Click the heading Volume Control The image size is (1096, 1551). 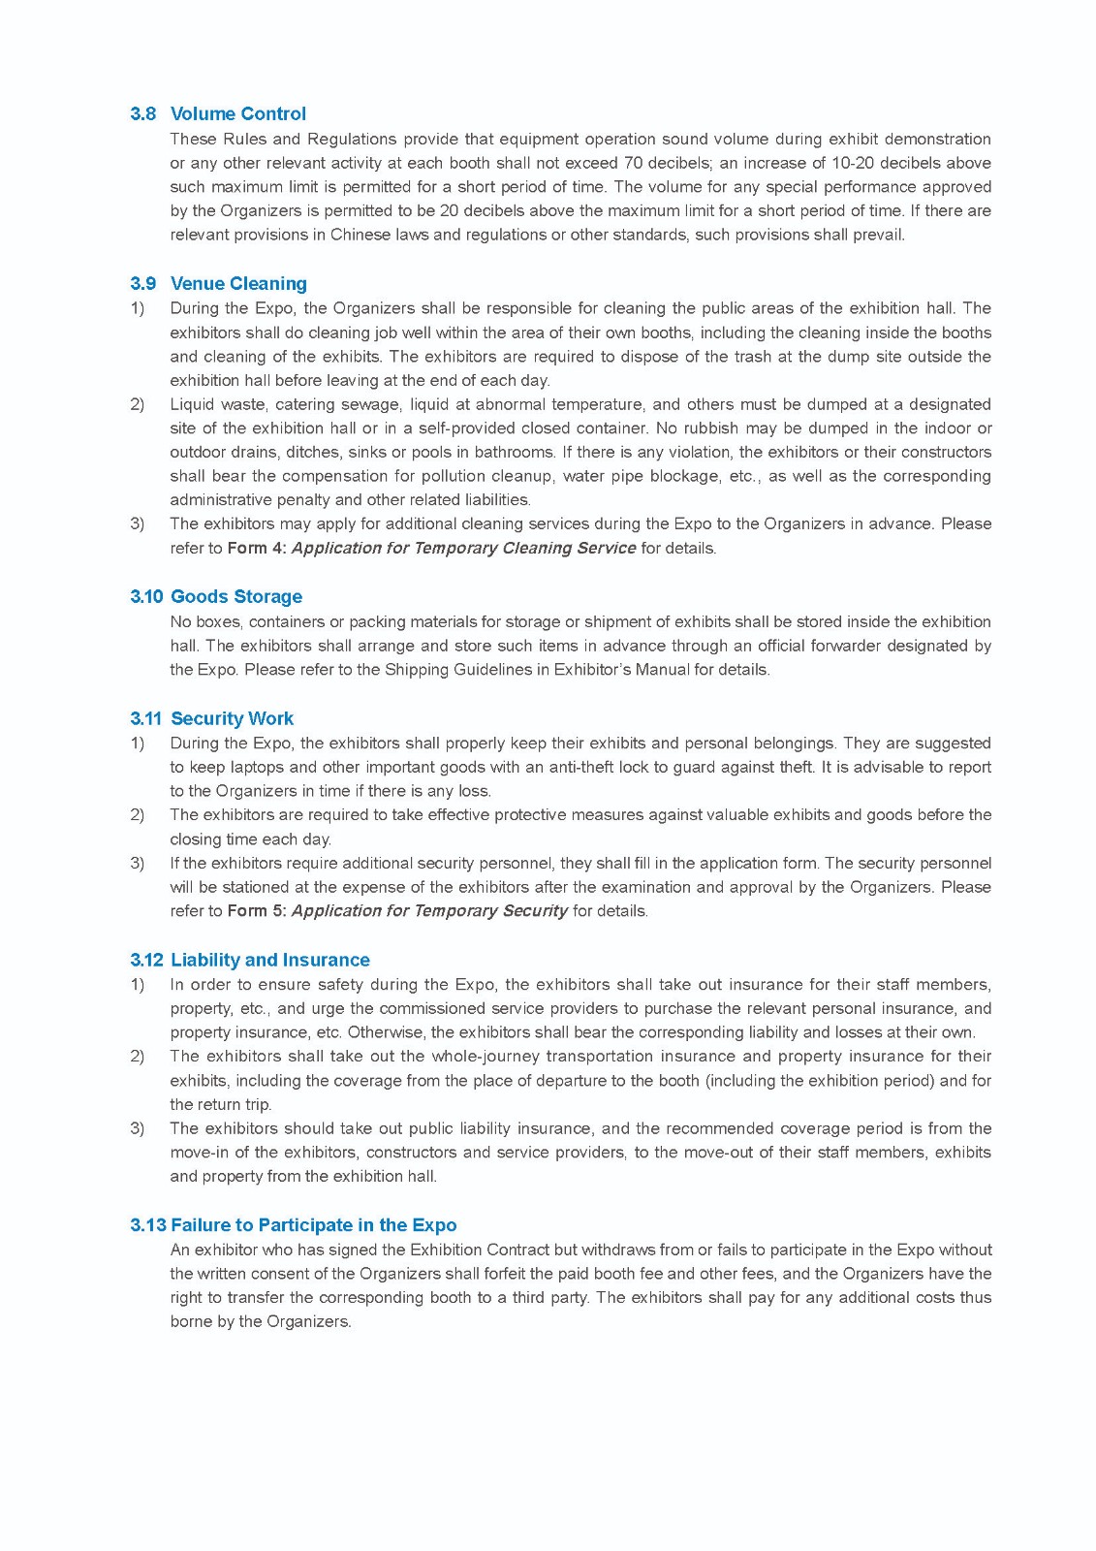237,113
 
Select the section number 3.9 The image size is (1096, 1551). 142,283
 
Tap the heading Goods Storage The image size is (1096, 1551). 235,596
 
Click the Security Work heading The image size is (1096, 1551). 232,718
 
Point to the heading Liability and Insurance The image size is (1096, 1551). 269,960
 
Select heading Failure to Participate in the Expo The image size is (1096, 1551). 313,1224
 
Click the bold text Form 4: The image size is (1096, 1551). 256,548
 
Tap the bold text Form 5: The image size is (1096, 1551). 256,910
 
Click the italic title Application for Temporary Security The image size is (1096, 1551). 428,910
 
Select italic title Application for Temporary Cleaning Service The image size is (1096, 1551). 463,548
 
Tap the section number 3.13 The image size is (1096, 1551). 147,1224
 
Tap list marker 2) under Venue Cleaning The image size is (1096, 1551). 138,404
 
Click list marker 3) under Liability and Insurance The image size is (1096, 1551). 138,1128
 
